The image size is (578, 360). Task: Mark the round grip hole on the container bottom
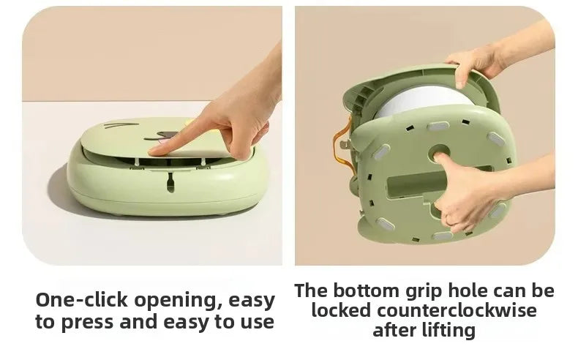click(x=441, y=154)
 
